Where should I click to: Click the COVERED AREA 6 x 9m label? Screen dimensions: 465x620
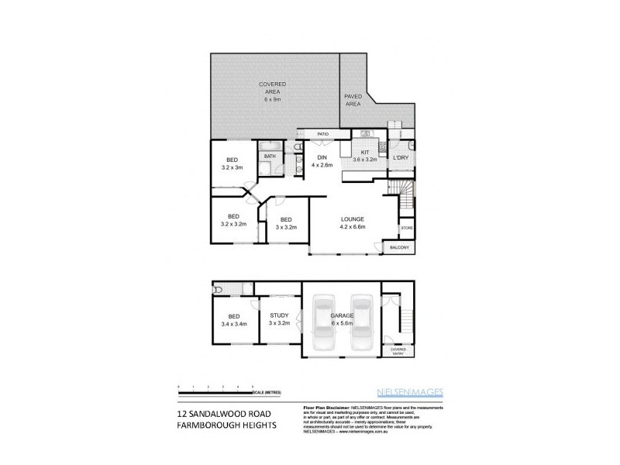click(273, 91)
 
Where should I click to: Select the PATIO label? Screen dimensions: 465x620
click(322, 134)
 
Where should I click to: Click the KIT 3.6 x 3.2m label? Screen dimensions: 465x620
click(364, 156)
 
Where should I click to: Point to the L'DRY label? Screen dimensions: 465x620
click(401, 158)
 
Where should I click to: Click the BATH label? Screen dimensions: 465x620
click(270, 156)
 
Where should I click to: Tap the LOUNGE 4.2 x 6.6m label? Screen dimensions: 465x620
click(352, 224)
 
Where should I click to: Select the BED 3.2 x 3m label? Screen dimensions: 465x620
click(232, 164)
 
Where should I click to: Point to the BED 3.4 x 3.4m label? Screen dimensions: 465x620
click(233, 320)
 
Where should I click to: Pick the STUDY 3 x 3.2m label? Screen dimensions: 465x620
click(279, 319)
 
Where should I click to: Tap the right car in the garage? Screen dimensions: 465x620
click(361, 322)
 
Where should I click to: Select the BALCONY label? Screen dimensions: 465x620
click(399, 248)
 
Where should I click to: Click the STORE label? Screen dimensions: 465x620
click(406, 229)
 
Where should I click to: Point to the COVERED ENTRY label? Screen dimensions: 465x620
click(398, 351)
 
